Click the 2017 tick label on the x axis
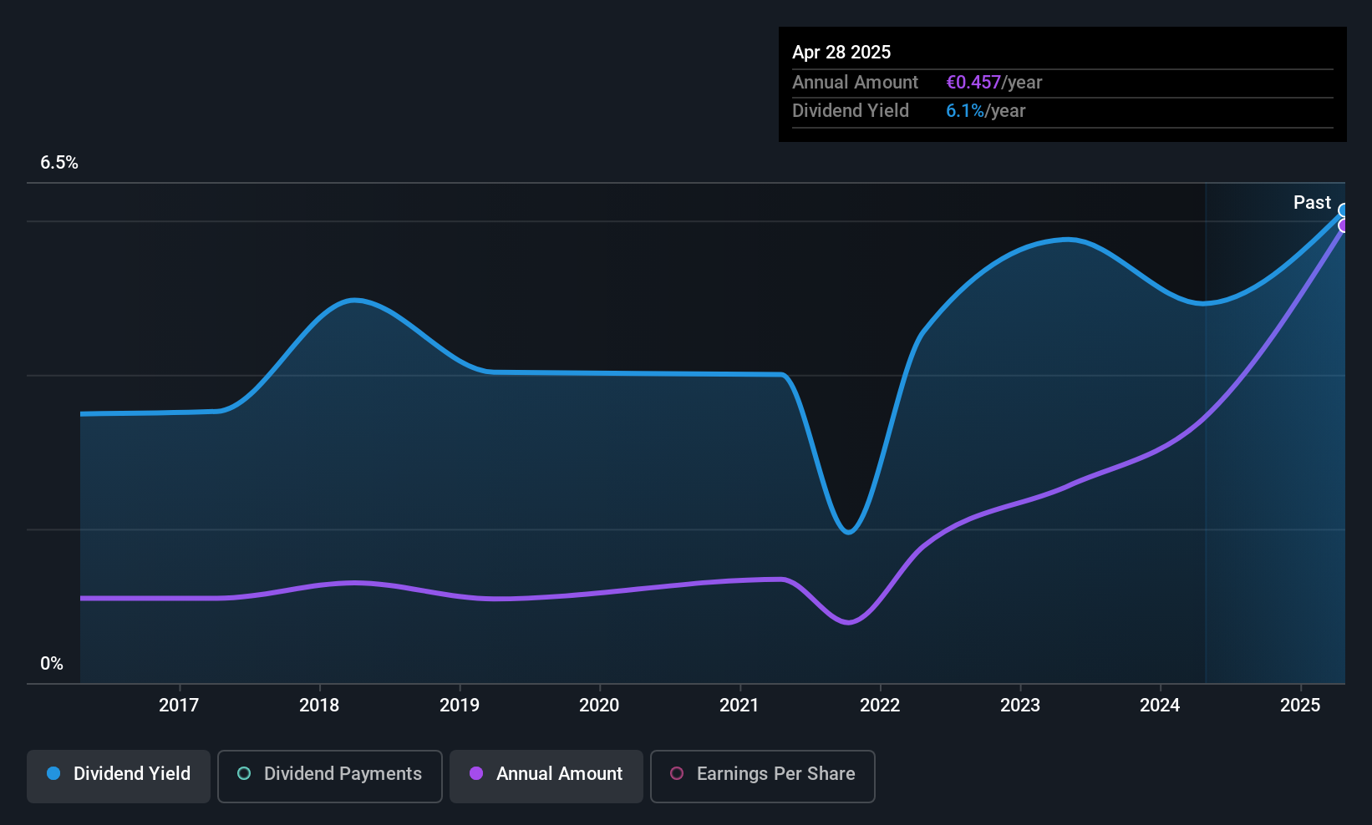(x=179, y=705)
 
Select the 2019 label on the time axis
(x=460, y=705)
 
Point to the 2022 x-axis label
(x=880, y=705)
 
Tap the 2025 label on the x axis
(x=1300, y=705)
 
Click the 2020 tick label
(x=599, y=705)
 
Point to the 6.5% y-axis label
(x=59, y=163)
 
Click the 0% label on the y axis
(x=52, y=664)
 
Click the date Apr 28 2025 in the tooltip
(x=841, y=52)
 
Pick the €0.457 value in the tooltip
(x=973, y=83)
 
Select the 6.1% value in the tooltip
(x=965, y=111)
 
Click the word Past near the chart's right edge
(x=1312, y=203)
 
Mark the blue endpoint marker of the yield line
(x=1344, y=210)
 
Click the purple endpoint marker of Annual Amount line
(x=1344, y=225)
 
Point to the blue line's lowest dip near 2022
(x=848, y=532)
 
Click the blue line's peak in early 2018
(x=354, y=300)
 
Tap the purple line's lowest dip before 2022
(x=848, y=622)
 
